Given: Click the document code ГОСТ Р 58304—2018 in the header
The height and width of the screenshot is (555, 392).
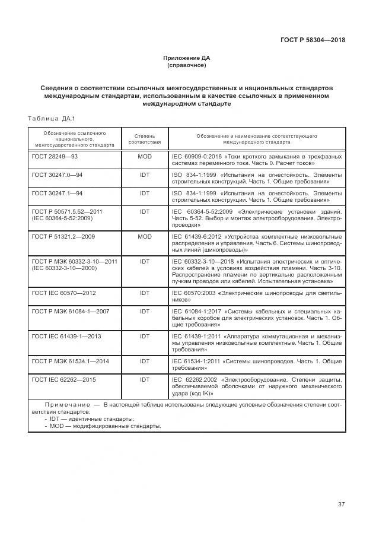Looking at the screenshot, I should click(x=313, y=40).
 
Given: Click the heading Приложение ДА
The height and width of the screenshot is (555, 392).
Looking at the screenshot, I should click(x=187, y=58).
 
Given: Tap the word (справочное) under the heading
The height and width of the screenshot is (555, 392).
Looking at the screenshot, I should click(x=187, y=65).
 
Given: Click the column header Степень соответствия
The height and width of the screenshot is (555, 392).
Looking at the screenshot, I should click(x=145, y=139).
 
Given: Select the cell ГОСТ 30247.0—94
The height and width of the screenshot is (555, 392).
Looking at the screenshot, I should click(x=57, y=176).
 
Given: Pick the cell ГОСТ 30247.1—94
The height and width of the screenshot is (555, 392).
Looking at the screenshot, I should click(x=57, y=194).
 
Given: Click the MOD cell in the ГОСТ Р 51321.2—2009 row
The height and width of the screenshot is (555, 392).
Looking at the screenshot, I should click(x=145, y=236).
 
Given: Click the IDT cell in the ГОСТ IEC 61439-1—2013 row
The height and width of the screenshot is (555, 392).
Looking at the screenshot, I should click(x=145, y=336).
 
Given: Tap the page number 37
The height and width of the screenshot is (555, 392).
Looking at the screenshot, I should click(x=341, y=505).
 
